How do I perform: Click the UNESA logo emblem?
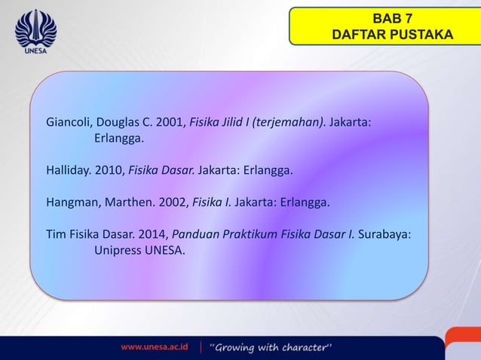[x=35, y=29]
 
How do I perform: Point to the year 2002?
[x=169, y=203]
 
